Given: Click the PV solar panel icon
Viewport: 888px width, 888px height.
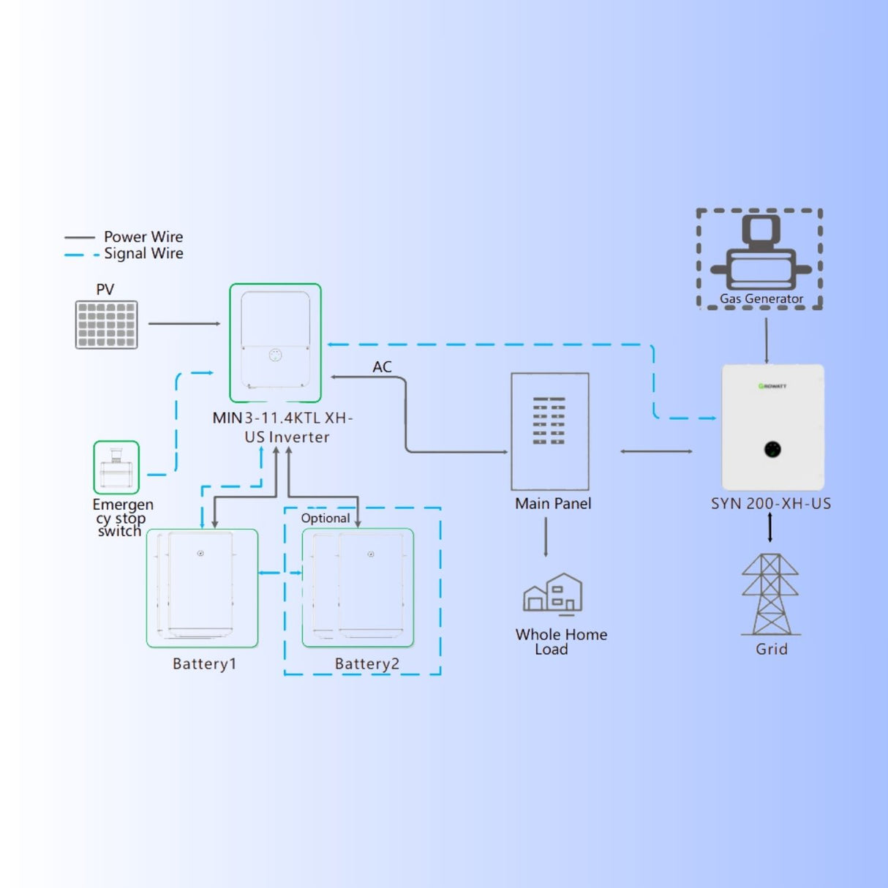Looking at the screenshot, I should [x=106, y=325].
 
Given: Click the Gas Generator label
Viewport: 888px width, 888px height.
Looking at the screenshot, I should [x=761, y=298].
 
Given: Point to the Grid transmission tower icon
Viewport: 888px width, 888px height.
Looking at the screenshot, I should [x=770, y=594].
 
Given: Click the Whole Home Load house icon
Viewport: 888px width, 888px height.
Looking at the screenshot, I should [x=553, y=592].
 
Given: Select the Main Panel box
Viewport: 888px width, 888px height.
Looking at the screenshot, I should [x=550, y=432].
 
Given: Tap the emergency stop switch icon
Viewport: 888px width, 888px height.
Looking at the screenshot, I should [x=116, y=467].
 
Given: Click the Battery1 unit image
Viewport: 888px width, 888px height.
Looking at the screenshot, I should [x=202, y=588].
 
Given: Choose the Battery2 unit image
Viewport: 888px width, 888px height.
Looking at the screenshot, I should [x=358, y=588].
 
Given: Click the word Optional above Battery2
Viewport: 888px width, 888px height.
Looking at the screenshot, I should [x=326, y=518].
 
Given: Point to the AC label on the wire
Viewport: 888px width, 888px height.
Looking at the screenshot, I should [x=382, y=366].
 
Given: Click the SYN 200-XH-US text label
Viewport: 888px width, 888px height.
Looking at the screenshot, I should [x=771, y=503].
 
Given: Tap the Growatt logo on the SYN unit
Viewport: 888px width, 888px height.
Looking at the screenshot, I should [x=772, y=385].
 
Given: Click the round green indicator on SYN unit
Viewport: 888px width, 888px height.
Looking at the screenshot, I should [x=772, y=449].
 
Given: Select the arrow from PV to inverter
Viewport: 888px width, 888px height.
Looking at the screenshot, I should [x=184, y=323].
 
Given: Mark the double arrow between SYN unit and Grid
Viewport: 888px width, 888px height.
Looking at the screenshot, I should [x=770, y=527].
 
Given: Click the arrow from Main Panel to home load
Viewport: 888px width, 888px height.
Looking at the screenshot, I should [x=546, y=538].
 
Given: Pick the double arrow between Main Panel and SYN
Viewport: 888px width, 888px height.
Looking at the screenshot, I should [x=656, y=451].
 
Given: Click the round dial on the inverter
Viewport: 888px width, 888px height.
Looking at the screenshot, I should [x=275, y=355].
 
